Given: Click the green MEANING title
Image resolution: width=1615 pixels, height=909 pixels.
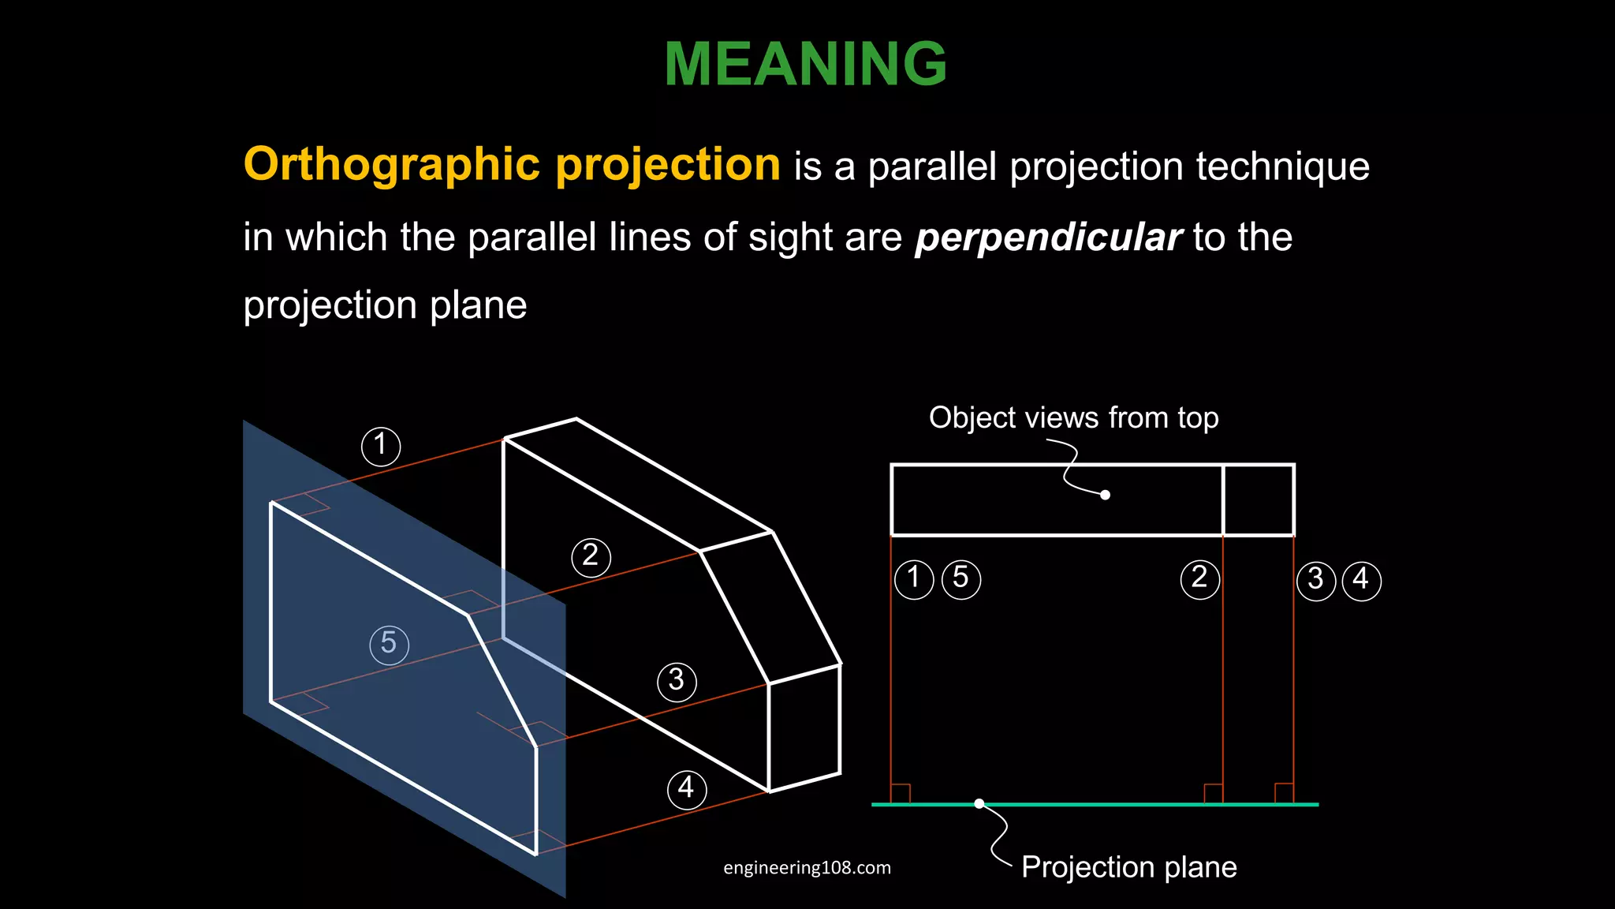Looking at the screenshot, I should pos(805,64).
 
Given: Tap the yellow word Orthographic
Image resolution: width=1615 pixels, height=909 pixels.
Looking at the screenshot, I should pos(391,164).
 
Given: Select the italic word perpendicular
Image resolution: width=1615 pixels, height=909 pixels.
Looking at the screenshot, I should pos(1048,238).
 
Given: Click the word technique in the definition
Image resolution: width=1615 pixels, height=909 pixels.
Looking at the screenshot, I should pos(1282,166).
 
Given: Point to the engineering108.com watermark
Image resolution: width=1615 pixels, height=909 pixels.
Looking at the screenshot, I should pos(807,868).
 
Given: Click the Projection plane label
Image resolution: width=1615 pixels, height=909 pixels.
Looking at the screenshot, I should pos(1128,867).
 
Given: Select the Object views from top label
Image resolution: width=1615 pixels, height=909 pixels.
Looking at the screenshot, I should pos(1073,417).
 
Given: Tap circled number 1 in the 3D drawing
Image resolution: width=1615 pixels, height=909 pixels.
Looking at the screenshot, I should pos(381,446).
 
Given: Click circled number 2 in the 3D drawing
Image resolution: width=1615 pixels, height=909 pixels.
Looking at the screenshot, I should pos(591,557).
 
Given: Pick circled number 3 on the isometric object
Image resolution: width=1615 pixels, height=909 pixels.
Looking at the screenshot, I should pos(677,681).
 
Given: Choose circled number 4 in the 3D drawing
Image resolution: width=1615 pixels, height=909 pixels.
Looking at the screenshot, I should pos(686,789).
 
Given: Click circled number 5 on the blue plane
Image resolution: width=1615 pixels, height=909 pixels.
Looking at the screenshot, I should pos(389,644).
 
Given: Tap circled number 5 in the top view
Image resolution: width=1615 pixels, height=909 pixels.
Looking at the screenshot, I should pos(960,579).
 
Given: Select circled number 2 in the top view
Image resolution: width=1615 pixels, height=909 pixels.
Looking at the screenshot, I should pos(1199,579).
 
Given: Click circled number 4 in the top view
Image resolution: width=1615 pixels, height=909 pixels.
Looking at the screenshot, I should pos(1361,581).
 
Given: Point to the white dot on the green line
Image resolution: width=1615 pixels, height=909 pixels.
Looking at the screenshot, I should pos(979,803).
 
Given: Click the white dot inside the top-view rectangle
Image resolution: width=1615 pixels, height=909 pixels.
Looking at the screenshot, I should pos(1105,495).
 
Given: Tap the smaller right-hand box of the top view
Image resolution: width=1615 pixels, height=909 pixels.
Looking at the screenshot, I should pos(1259,500).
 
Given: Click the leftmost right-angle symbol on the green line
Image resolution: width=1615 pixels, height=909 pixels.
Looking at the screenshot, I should pos(901,793).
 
